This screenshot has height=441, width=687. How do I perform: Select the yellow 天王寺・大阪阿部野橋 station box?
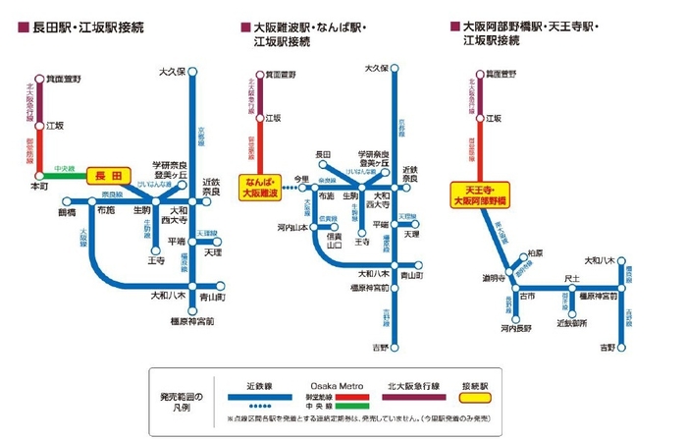[478, 194]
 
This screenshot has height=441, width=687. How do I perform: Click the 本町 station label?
[39, 185]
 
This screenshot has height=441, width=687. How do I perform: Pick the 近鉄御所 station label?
[572, 322]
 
